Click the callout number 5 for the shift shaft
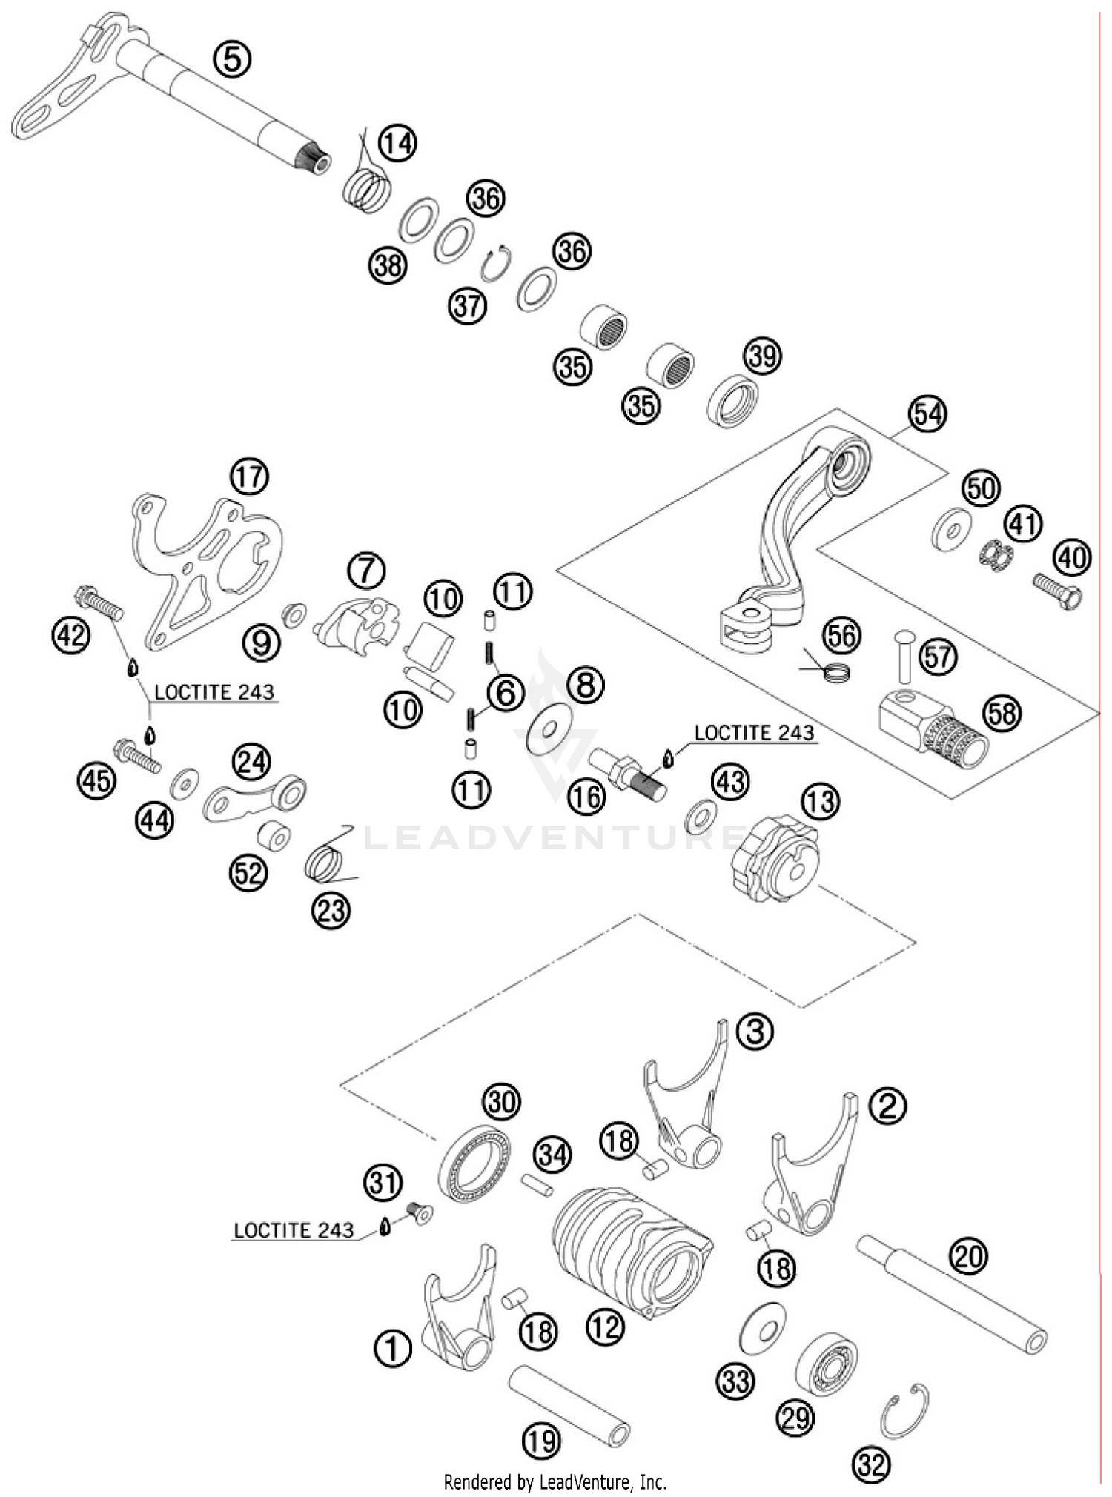tap(232, 59)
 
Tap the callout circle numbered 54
tap(927, 414)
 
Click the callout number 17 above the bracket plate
tap(249, 477)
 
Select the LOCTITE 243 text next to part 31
tap(294, 1231)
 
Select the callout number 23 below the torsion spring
tap(331, 909)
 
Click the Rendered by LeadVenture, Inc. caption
tap(555, 1482)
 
